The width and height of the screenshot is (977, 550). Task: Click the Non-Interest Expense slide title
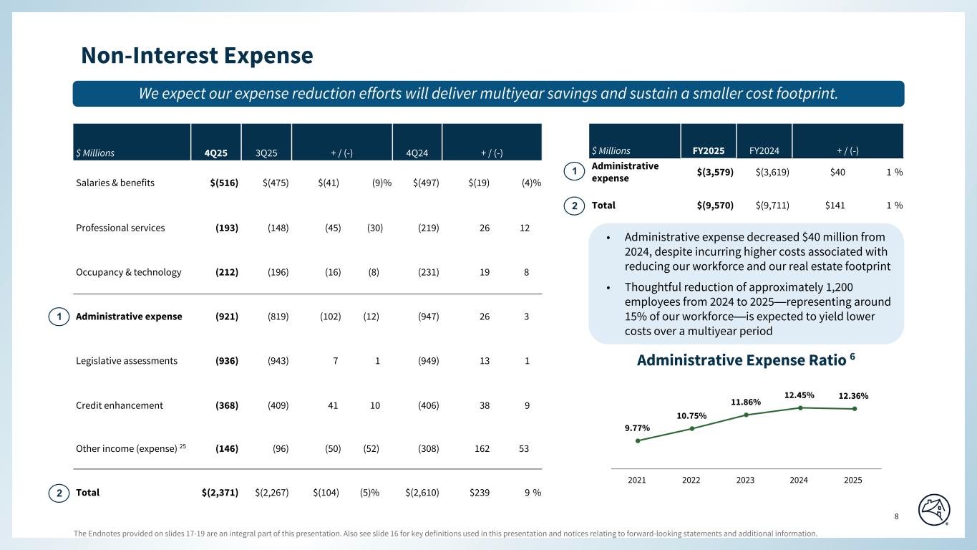pyautogui.click(x=197, y=55)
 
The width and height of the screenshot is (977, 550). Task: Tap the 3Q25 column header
pyautogui.click(x=266, y=153)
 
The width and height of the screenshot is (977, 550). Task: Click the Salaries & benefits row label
pyautogui.click(x=115, y=183)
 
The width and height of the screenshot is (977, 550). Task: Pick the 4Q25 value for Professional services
pyautogui.click(x=227, y=228)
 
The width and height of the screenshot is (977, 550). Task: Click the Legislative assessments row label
pyautogui.click(x=127, y=361)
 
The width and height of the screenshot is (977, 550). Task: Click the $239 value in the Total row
pyautogui.click(x=480, y=493)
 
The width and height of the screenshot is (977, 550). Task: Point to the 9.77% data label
pyautogui.click(x=636, y=428)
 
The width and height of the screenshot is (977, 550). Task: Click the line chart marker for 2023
pyautogui.click(x=746, y=415)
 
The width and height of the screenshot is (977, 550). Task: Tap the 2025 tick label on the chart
pyautogui.click(x=852, y=480)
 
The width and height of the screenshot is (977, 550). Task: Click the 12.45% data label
pyautogui.click(x=799, y=395)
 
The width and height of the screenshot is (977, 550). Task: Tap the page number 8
pyautogui.click(x=898, y=517)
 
